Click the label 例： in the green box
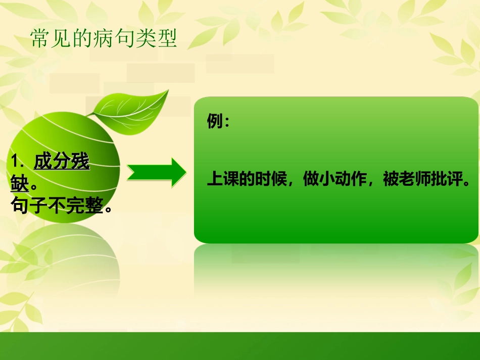[x=218, y=122]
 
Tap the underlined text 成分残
[x=61, y=162]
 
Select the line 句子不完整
[x=61, y=205]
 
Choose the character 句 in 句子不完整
[x=19, y=205]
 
